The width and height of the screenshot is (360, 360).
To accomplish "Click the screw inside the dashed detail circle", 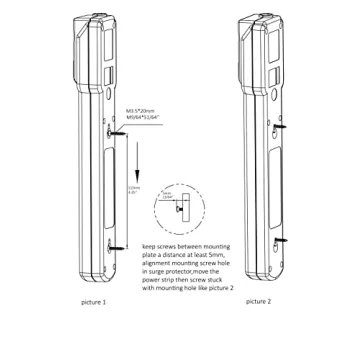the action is [x=177, y=211].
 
